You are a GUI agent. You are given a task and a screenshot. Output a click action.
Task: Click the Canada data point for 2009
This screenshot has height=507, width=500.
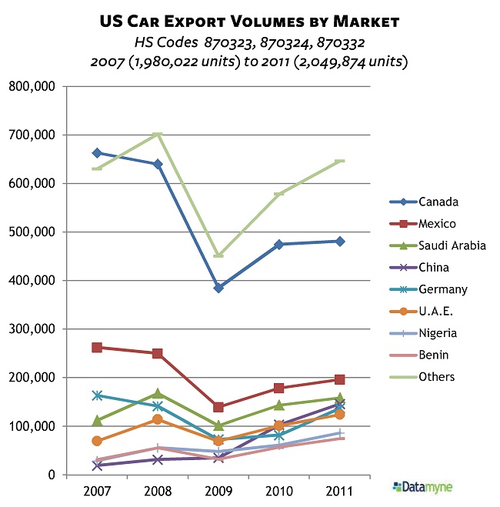click(218, 288)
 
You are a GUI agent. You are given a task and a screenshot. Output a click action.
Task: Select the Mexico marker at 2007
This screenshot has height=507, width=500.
click(97, 347)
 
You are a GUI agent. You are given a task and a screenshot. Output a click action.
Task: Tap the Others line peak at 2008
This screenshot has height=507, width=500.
click(158, 135)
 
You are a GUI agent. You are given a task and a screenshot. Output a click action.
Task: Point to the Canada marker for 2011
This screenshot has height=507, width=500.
click(340, 241)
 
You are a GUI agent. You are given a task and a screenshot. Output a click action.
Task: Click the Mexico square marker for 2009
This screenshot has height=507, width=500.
click(218, 407)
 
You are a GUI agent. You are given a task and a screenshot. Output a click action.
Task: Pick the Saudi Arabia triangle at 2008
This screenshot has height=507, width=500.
click(158, 394)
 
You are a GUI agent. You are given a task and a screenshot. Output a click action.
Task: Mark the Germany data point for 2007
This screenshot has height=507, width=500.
click(97, 395)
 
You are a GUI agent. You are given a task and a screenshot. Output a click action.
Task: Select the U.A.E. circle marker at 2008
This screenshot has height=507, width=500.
click(158, 419)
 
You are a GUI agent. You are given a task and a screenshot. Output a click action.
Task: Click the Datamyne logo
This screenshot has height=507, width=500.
click(422, 486)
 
